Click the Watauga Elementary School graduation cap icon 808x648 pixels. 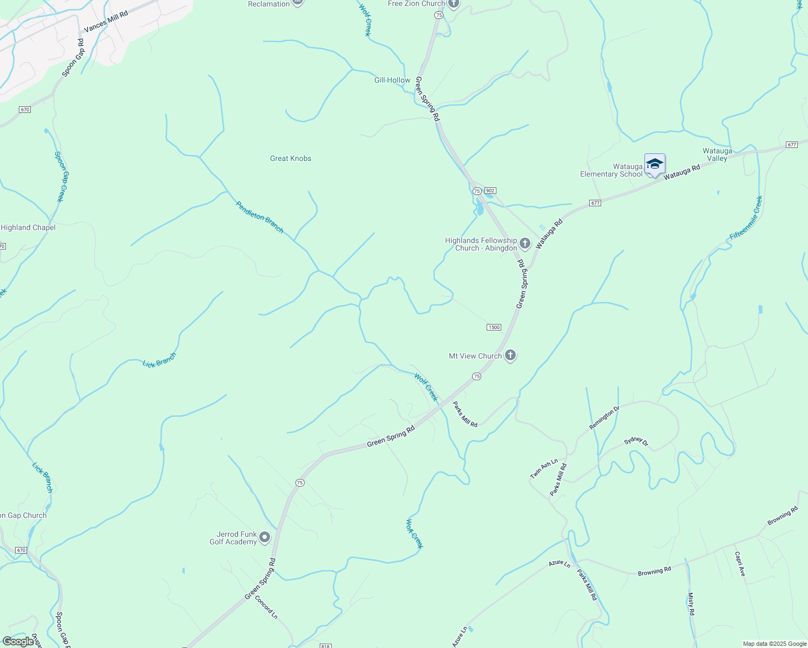655,164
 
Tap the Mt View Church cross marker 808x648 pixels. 510,355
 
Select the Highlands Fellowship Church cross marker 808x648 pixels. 524,244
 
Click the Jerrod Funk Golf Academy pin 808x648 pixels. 265,537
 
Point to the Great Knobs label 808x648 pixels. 291,158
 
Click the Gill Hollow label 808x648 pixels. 392,80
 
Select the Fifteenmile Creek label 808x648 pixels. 746,218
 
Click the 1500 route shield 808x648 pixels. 494,327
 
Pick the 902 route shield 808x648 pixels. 490,191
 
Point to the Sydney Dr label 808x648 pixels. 636,441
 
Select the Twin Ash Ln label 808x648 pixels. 543,469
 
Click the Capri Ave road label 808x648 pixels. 739,563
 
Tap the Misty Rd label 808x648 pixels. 691,604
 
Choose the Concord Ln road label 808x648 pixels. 266,607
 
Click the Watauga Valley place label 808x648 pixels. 717,154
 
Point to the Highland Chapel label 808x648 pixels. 28,227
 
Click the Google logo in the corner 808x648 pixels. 18,642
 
